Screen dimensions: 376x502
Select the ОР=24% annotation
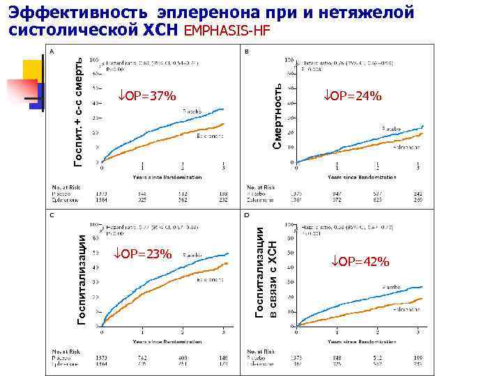click(x=353, y=95)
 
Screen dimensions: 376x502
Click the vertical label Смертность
click(x=277, y=115)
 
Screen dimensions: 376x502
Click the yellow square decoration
click(x=32, y=70)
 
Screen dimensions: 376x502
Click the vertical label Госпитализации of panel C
click(x=82, y=279)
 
